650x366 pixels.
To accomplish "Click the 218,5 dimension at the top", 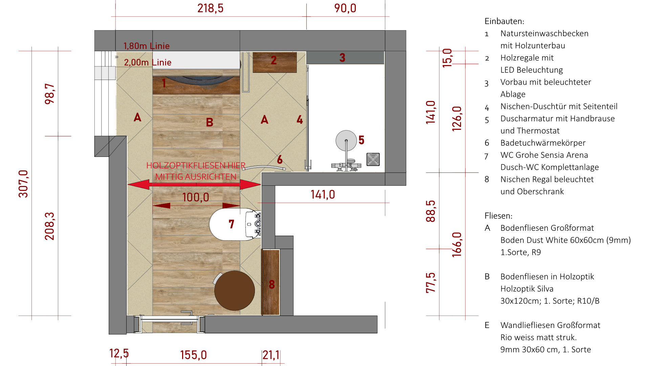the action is pos(210,8).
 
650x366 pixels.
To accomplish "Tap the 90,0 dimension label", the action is pos(345,8).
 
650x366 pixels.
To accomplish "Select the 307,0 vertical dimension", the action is pos(23,184).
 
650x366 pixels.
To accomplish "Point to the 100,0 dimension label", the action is pos(196,197).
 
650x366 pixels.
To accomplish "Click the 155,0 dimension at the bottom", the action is pos(193,355).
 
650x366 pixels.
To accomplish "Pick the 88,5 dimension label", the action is pos(431,211).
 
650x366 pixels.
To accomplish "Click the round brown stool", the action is pos(234,290).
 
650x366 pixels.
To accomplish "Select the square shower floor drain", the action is pos(373,159).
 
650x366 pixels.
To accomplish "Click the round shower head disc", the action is pos(346,141).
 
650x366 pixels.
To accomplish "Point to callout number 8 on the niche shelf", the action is pos(272,284).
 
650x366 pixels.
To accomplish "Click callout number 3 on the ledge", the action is pos(342,58).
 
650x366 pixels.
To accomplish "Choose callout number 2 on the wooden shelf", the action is pos(274,60).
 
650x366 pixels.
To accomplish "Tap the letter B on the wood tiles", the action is pos(210,122).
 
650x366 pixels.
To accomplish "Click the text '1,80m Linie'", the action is pos(146,46).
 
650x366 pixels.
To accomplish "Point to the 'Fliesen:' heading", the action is pos(498,216).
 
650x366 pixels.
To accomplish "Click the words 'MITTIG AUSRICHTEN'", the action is pos(196,177).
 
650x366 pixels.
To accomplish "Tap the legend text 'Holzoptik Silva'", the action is pos(527,289).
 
